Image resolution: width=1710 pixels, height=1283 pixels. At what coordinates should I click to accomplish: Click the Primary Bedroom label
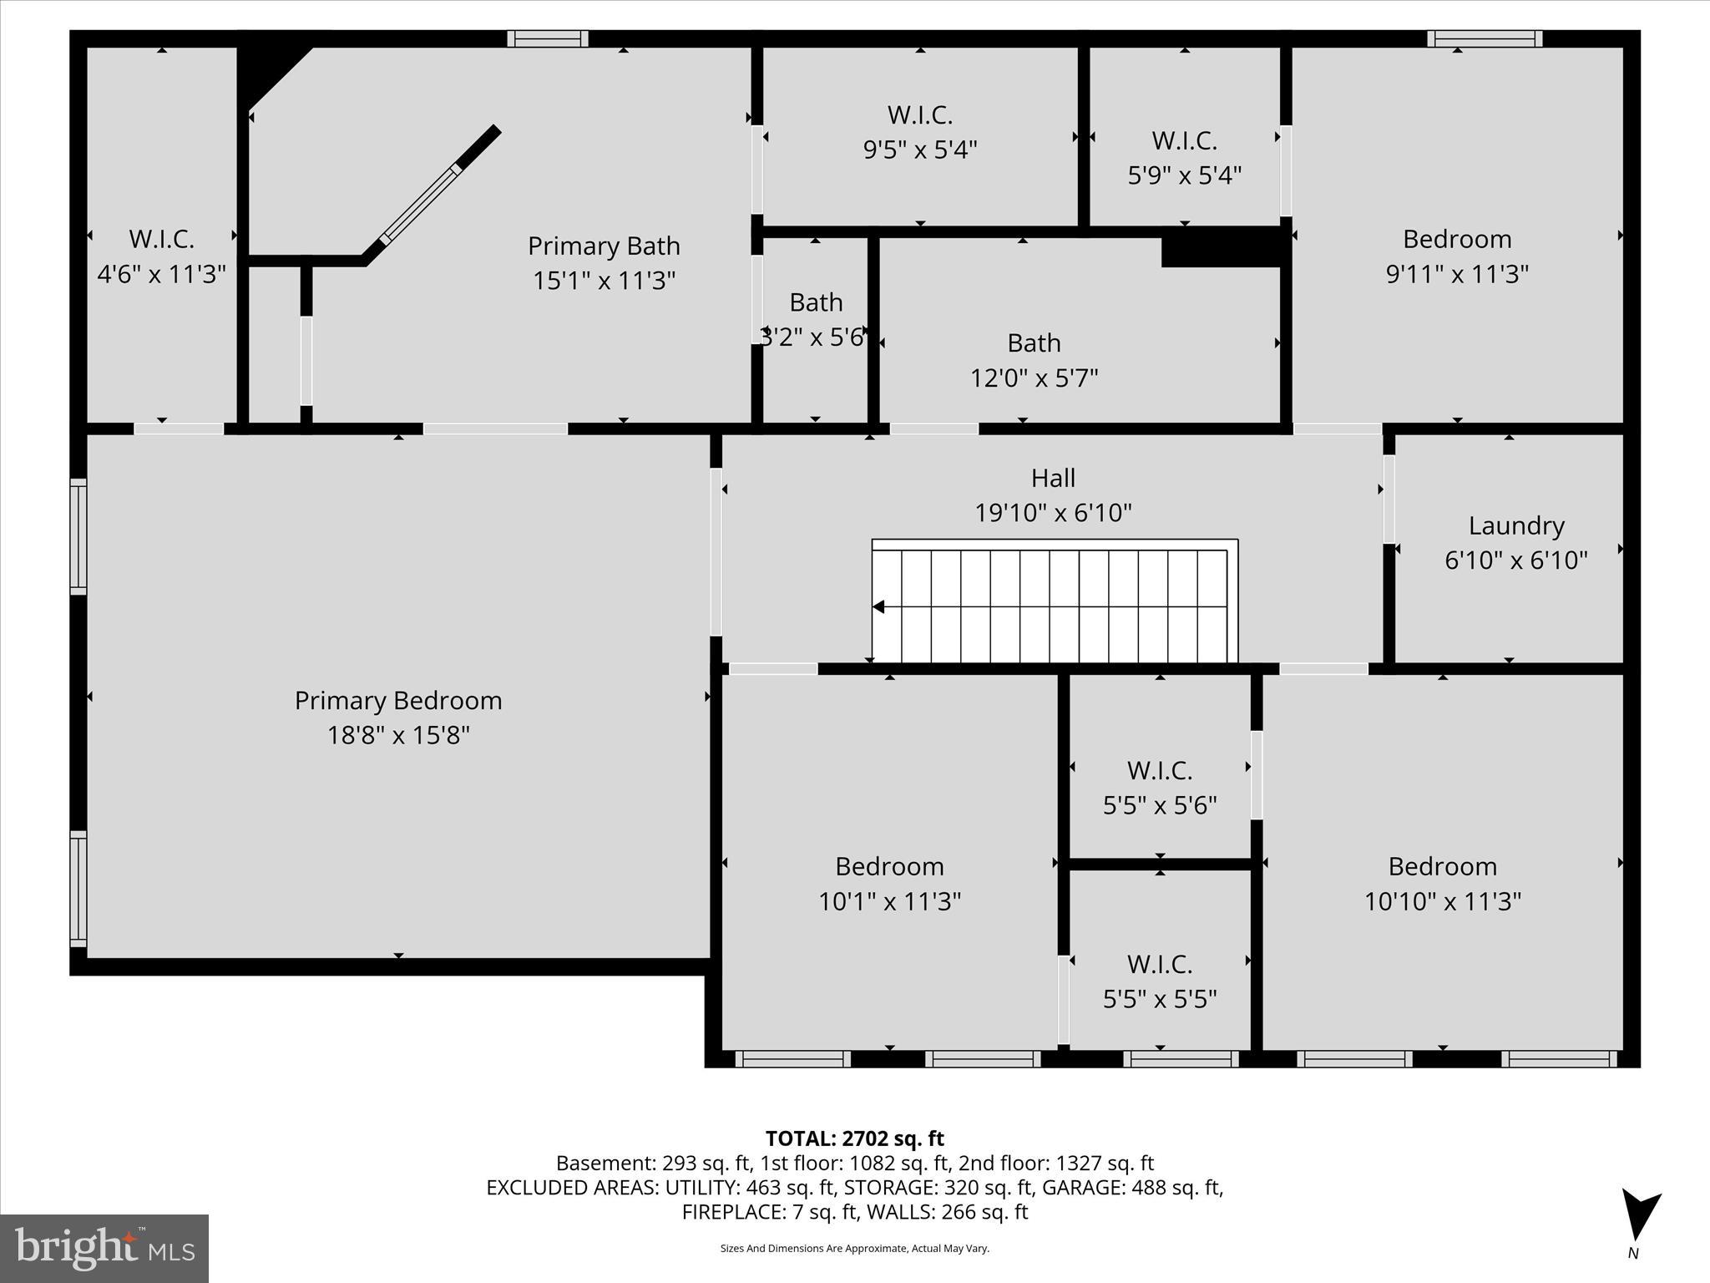pyautogui.click(x=398, y=700)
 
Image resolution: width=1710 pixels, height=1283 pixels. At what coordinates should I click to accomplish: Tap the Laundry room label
pyautogui.click(x=1515, y=525)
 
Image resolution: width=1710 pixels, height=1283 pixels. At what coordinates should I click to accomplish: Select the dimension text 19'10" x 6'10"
pyautogui.click(x=1053, y=512)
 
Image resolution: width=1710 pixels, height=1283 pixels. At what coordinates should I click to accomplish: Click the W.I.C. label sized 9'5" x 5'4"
pyautogui.click(x=919, y=114)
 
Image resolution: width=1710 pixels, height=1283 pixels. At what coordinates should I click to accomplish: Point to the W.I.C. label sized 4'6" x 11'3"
pyautogui.click(x=161, y=239)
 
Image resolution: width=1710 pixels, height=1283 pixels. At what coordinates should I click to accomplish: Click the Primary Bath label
pyautogui.click(x=604, y=246)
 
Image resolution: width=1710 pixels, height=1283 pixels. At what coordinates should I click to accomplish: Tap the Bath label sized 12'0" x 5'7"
pyautogui.click(x=1034, y=342)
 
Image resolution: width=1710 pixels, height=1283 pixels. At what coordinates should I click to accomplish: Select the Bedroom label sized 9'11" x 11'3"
pyautogui.click(x=1457, y=239)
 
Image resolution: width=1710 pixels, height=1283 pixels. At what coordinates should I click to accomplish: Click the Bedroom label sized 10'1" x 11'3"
pyautogui.click(x=889, y=866)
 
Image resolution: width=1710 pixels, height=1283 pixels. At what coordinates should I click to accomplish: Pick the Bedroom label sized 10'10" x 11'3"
pyautogui.click(x=1442, y=866)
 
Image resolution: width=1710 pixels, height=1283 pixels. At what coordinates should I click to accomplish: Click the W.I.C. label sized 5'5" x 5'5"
pyautogui.click(x=1159, y=964)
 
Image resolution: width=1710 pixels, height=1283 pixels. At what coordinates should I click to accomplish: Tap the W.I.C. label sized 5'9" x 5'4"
pyautogui.click(x=1184, y=140)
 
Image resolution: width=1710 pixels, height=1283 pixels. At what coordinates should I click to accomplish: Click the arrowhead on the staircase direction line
pyautogui.click(x=878, y=607)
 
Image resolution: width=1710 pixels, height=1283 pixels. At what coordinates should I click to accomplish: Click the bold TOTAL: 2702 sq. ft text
pyautogui.click(x=854, y=1138)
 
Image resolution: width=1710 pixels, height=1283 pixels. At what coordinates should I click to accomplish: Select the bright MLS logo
pyautogui.click(x=104, y=1248)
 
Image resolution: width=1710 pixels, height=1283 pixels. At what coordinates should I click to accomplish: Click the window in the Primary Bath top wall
pyautogui.click(x=548, y=38)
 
